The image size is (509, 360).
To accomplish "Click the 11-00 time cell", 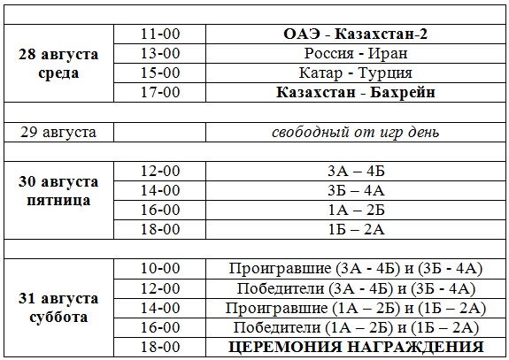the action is (160, 34).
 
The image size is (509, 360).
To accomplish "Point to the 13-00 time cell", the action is (160, 53).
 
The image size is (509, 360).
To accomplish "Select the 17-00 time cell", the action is (160, 92).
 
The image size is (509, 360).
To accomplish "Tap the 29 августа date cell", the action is (59, 133).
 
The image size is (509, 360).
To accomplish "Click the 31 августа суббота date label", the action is (59, 307).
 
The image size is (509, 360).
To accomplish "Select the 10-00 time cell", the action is (160, 268).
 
